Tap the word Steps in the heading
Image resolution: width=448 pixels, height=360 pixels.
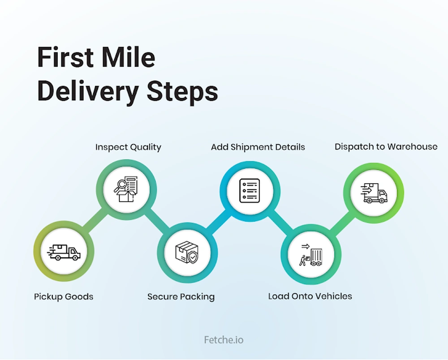(x=182, y=91)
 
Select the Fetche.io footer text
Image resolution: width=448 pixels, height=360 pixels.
(x=224, y=340)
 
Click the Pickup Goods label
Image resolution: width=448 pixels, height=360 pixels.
(x=64, y=296)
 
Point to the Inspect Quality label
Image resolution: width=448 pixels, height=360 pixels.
(x=128, y=147)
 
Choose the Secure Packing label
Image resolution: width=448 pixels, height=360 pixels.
(x=181, y=296)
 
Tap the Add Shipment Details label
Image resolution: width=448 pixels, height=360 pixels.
(x=258, y=147)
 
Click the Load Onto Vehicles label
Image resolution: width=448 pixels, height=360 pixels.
(x=310, y=296)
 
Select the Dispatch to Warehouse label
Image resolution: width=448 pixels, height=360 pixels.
(x=386, y=146)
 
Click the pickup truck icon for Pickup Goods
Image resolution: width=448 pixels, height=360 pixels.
(x=64, y=253)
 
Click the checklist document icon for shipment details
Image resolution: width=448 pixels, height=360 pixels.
(x=250, y=191)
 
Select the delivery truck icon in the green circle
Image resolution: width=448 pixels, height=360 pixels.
(x=374, y=193)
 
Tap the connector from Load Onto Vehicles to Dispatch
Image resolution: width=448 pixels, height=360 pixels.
(x=342, y=223)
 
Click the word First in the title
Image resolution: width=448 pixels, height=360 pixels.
(x=65, y=57)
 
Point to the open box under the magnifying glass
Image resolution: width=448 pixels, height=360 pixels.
(x=126, y=196)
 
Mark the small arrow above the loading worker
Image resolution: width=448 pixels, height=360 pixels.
(x=306, y=246)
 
